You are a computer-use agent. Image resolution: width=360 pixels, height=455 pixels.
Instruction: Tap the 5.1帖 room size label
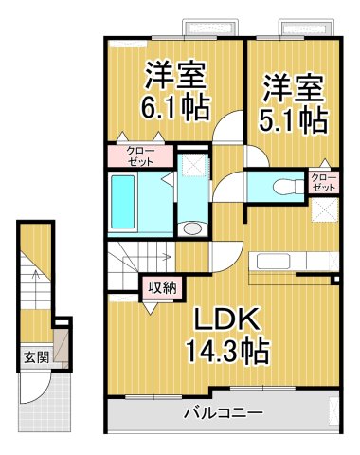point(295,119)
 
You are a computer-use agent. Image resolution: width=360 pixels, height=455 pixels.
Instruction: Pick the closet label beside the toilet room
point(324,181)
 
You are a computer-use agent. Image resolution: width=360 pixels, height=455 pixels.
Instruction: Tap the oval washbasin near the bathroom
point(191,227)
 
